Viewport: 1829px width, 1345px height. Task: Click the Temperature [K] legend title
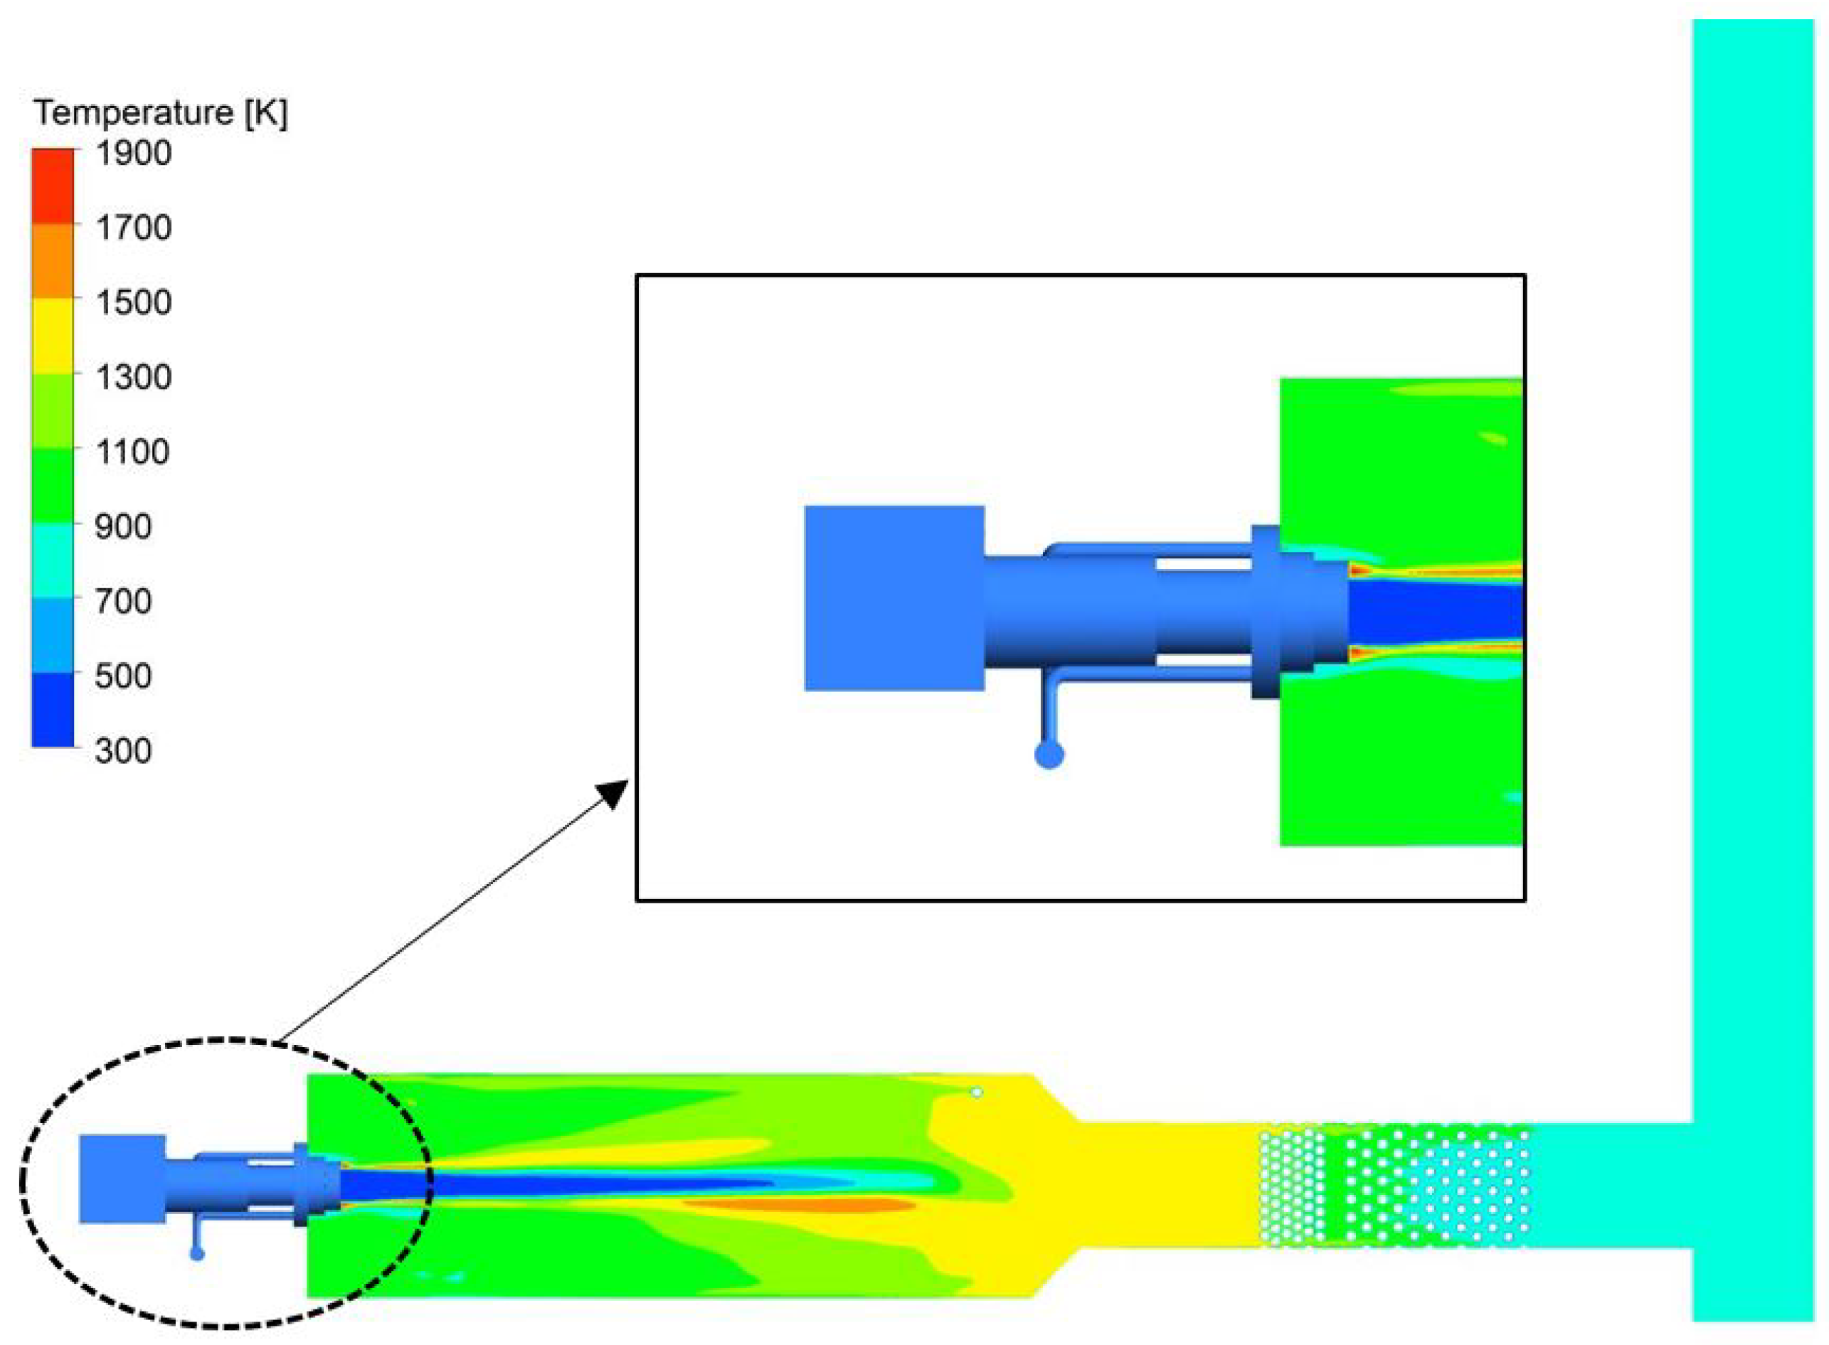[x=161, y=113]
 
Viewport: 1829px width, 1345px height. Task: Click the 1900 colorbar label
[x=134, y=153]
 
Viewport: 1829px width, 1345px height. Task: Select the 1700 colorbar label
[x=134, y=228]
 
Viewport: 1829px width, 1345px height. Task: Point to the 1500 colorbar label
[x=134, y=303]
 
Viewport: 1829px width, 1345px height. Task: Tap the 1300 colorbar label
[x=134, y=378]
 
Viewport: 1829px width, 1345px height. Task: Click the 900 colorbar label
[x=123, y=527]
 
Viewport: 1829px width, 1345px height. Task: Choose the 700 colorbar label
[x=123, y=602]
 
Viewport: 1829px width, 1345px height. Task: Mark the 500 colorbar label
[x=123, y=676]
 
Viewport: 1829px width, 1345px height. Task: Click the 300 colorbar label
[x=123, y=750]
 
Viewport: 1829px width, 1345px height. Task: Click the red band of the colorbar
[x=52, y=186]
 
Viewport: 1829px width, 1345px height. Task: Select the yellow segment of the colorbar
[x=52, y=336]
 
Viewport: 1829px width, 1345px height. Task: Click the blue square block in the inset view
[x=894, y=598]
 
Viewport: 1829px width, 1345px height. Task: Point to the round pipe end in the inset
[x=1049, y=755]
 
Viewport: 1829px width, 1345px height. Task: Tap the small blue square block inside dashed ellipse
[x=122, y=1178]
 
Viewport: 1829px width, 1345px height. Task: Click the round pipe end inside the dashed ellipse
[x=196, y=1254]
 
